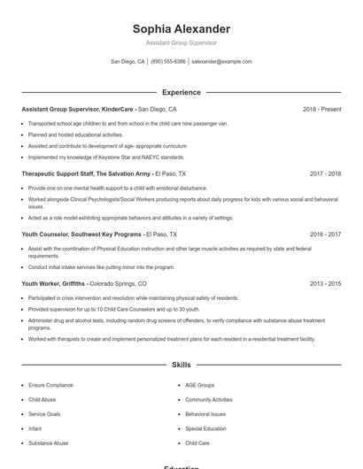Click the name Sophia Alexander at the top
coord(181,29)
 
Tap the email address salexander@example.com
coord(221,62)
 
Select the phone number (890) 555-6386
coord(168,62)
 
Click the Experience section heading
coord(181,92)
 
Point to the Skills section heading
coord(181,365)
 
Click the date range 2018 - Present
coord(321,109)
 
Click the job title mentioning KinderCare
coord(78,109)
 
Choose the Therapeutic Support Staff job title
coord(86,174)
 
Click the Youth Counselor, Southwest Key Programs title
coord(81,234)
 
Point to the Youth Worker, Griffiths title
coord(54,284)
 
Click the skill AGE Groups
coord(199,386)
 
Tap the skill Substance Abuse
coord(48,442)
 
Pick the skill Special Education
coord(205,428)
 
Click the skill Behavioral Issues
coord(205,414)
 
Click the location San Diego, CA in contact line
coord(127,62)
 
